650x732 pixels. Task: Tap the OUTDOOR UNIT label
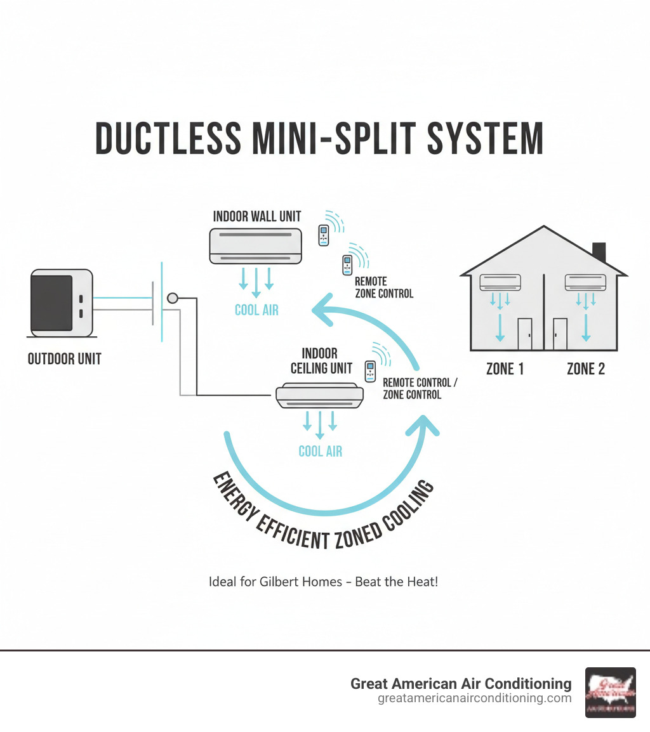pyautogui.click(x=65, y=359)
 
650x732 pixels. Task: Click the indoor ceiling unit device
pyautogui.click(x=320, y=395)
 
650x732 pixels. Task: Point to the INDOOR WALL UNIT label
pyautogui.click(x=257, y=216)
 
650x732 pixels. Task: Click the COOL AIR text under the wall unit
pyautogui.click(x=256, y=310)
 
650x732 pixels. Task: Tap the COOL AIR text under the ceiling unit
pyautogui.click(x=320, y=451)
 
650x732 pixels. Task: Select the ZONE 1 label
pyautogui.click(x=505, y=369)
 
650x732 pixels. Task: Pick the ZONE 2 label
pyautogui.click(x=585, y=369)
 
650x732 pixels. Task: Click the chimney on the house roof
pyautogui.click(x=598, y=251)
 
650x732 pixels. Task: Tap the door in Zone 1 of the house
pyautogui.click(x=525, y=334)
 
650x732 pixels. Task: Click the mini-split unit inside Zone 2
pyautogui.click(x=585, y=282)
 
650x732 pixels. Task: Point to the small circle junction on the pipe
pyautogui.click(x=172, y=298)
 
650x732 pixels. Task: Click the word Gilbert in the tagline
pyautogui.click(x=281, y=581)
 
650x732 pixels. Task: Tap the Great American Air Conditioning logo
pyautogui.click(x=610, y=692)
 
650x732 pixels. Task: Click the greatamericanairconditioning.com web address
pyautogui.click(x=474, y=698)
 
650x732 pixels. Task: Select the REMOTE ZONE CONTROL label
pyautogui.click(x=383, y=287)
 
